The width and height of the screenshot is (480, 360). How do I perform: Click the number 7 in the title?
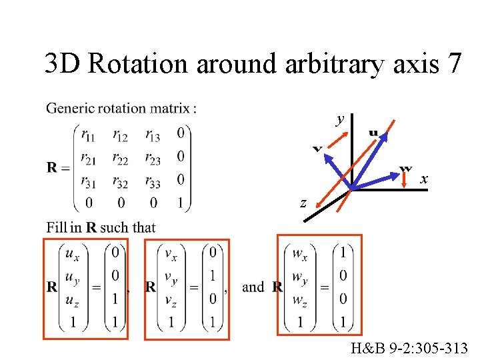point(455,64)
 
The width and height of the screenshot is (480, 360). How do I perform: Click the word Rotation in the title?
point(138,64)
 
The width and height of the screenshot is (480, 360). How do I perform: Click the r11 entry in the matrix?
point(87,135)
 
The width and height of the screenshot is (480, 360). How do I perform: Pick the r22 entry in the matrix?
point(121,158)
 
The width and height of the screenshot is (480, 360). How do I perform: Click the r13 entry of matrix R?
point(153,135)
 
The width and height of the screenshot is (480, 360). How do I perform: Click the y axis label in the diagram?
point(340,119)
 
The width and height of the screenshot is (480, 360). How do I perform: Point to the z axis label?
point(303,203)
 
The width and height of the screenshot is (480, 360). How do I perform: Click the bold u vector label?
point(373,133)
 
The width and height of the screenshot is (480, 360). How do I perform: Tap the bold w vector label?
point(405,168)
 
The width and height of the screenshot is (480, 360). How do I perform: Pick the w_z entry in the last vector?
point(300,299)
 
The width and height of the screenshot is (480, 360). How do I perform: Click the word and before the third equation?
point(253,287)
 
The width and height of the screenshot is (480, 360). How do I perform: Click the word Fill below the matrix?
point(57,227)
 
